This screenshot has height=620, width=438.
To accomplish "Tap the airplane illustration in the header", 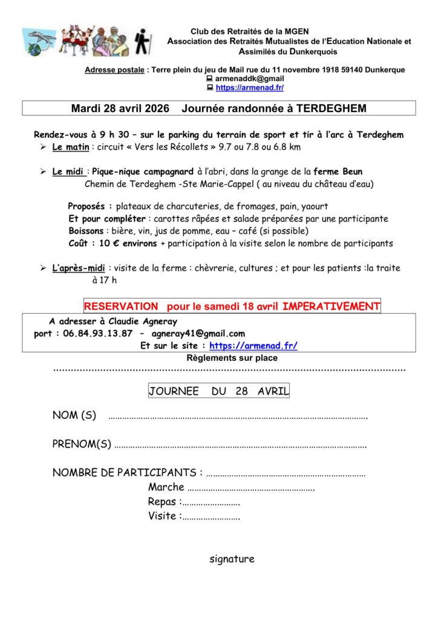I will [x=40, y=41].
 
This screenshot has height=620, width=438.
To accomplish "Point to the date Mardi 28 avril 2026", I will [x=120, y=108].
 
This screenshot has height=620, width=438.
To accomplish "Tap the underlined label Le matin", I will [x=70, y=147].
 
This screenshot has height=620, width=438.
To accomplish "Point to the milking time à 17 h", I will [x=104, y=280].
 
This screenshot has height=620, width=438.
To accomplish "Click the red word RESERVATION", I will [x=121, y=306].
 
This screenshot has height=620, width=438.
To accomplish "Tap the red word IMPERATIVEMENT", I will [x=331, y=306].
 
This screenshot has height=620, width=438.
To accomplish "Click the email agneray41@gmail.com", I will [x=198, y=334].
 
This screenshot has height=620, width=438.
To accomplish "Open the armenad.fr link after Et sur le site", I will [x=253, y=346].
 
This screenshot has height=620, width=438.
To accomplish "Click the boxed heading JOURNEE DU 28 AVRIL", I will [x=219, y=391].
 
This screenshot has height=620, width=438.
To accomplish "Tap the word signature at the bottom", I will [x=232, y=559].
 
